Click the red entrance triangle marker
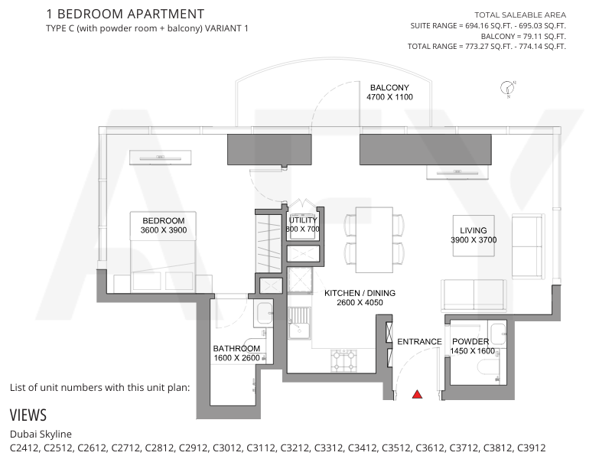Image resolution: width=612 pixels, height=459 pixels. pyautogui.click(x=417, y=394)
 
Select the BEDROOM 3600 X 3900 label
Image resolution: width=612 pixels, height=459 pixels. pyautogui.click(x=164, y=226)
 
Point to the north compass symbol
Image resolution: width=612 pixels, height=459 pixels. pyautogui.click(x=507, y=88)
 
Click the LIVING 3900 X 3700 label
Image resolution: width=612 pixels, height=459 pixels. pyautogui.click(x=474, y=236)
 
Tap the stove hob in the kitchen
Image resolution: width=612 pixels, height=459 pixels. pyautogui.click(x=343, y=360)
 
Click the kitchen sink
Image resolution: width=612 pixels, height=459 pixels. pyautogui.click(x=299, y=323)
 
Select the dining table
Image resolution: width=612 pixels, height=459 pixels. pyautogui.click(x=374, y=239)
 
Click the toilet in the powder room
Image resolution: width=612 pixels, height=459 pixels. pyautogui.click(x=490, y=367)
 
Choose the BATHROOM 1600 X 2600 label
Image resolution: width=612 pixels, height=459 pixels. pyautogui.click(x=236, y=353)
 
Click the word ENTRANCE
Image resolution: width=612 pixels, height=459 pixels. pyautogui.click(x=419, y=342)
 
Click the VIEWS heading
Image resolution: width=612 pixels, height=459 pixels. pyautogui.click(x=28, y=415)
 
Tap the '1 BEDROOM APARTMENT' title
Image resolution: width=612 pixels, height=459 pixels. pyautogui.click(x=125, y=14)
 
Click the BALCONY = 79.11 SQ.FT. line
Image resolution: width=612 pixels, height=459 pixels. pyautogui.click(x=523, y=36)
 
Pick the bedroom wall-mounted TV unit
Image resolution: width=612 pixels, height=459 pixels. pyautogui.click(x=161, y=158)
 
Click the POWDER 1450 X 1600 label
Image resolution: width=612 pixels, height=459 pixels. pyautogui.click(x=472, y=347)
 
